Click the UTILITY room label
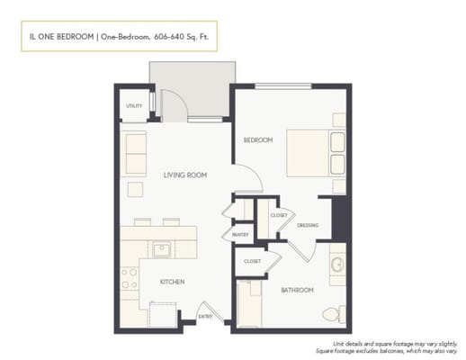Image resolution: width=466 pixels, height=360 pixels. click(134, 105)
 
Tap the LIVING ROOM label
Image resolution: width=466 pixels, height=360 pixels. click(185, 175)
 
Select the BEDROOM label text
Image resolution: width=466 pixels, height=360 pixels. click(257, 140)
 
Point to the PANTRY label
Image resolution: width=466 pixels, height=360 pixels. click(240, 235)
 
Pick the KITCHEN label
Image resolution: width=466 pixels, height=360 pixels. click(172, 282)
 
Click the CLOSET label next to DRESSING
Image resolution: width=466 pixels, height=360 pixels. click(279, 215)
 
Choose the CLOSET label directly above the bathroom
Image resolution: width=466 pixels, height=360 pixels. click(252, 261)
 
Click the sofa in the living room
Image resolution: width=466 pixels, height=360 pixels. click(135, 153)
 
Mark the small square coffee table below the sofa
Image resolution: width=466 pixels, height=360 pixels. click(135, 188)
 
